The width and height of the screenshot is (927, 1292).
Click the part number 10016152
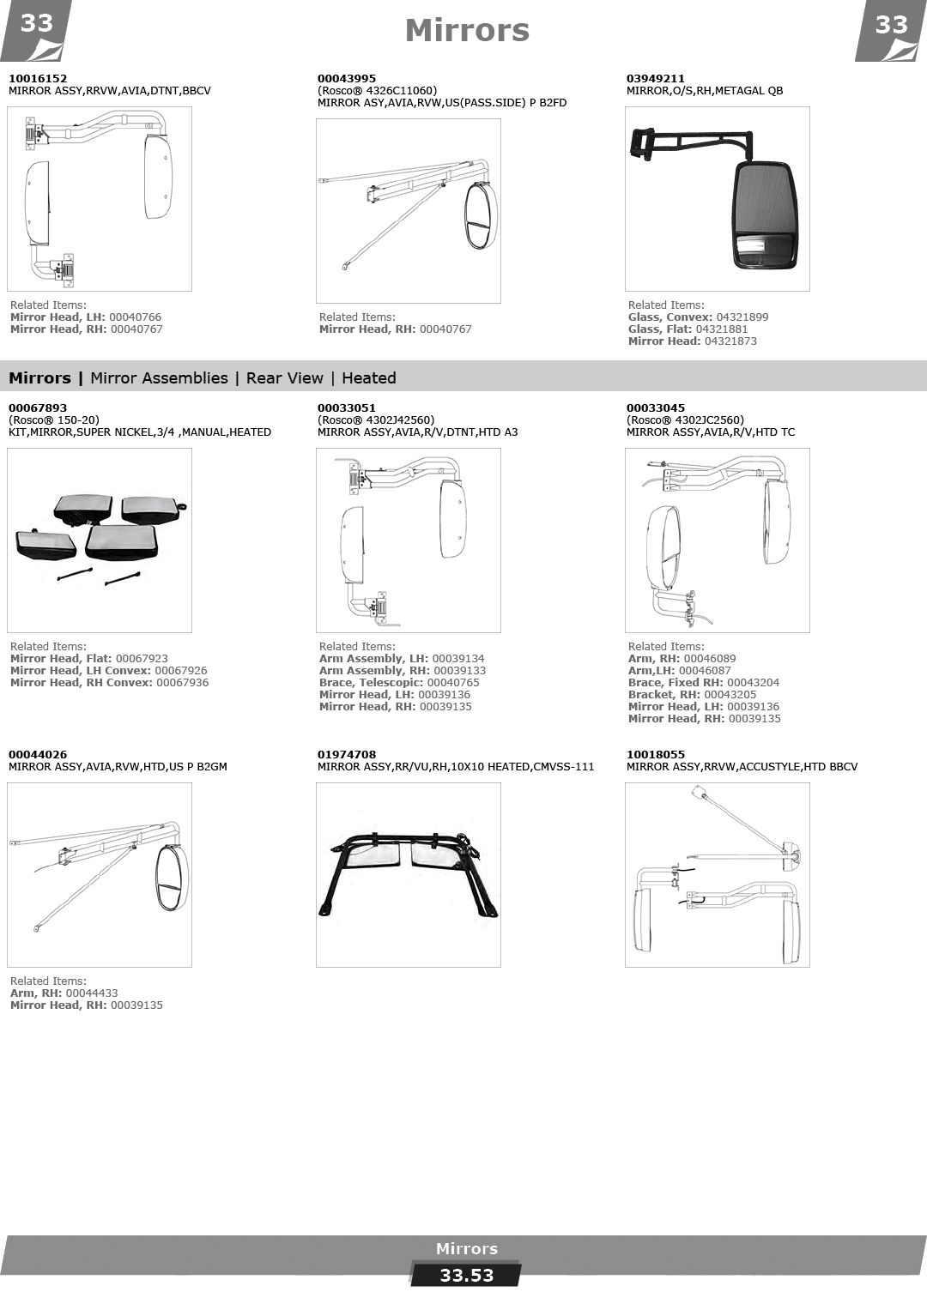click(38, 78)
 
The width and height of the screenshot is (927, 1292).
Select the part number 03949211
click(656, 78)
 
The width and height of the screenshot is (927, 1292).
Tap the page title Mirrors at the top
click(467, 31)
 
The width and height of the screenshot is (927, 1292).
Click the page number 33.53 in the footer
click(467, 1275)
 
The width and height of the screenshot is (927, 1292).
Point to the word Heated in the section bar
click(369, 378)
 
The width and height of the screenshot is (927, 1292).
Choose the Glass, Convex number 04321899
click(742, 317)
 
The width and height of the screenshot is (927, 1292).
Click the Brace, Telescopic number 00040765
click(453, 682)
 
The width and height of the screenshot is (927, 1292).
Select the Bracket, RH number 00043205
click(730, 694)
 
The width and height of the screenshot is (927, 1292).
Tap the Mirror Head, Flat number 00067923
click(142, 659)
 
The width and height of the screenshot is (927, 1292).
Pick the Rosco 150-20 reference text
click(54, 420)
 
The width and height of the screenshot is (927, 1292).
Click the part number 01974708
click(346, 754)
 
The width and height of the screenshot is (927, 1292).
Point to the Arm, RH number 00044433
click(92, 993)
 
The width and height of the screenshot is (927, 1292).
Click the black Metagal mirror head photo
click(765, 214)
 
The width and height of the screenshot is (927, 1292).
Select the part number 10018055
click(656, 754)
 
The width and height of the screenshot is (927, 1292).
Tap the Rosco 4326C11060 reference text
click(378, 91)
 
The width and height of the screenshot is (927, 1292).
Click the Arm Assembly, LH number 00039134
click(458, 659)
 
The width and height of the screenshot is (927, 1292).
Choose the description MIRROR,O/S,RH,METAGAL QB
click(705, 91)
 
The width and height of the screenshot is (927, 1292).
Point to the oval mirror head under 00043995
click(482, 215)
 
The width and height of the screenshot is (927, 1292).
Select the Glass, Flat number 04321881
click(722, 329)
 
